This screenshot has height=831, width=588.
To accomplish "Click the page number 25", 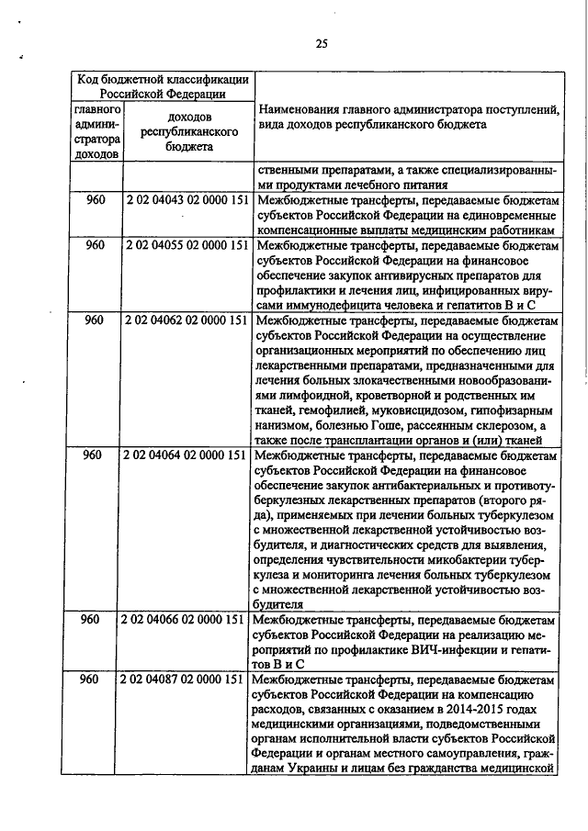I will pos(322,42).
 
